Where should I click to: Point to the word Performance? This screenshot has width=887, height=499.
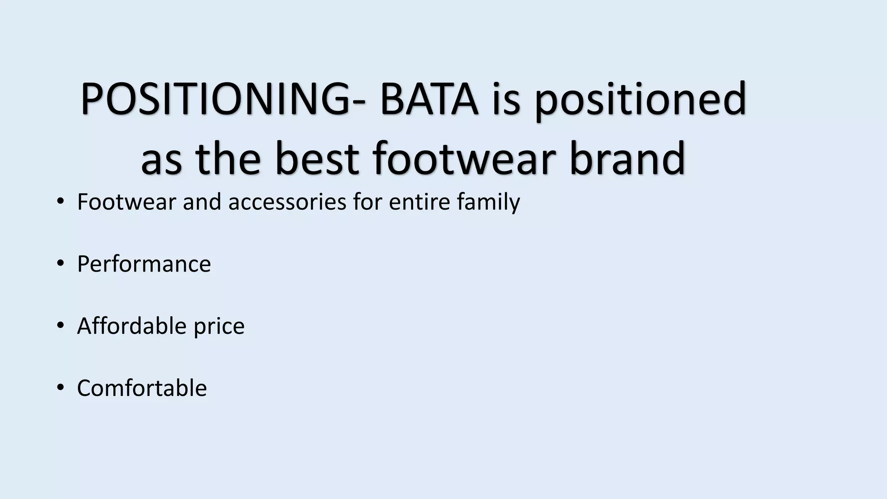pos(144,264)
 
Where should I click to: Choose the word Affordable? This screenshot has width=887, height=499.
pos(131,326)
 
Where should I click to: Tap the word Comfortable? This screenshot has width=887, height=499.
pos(142,388)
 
